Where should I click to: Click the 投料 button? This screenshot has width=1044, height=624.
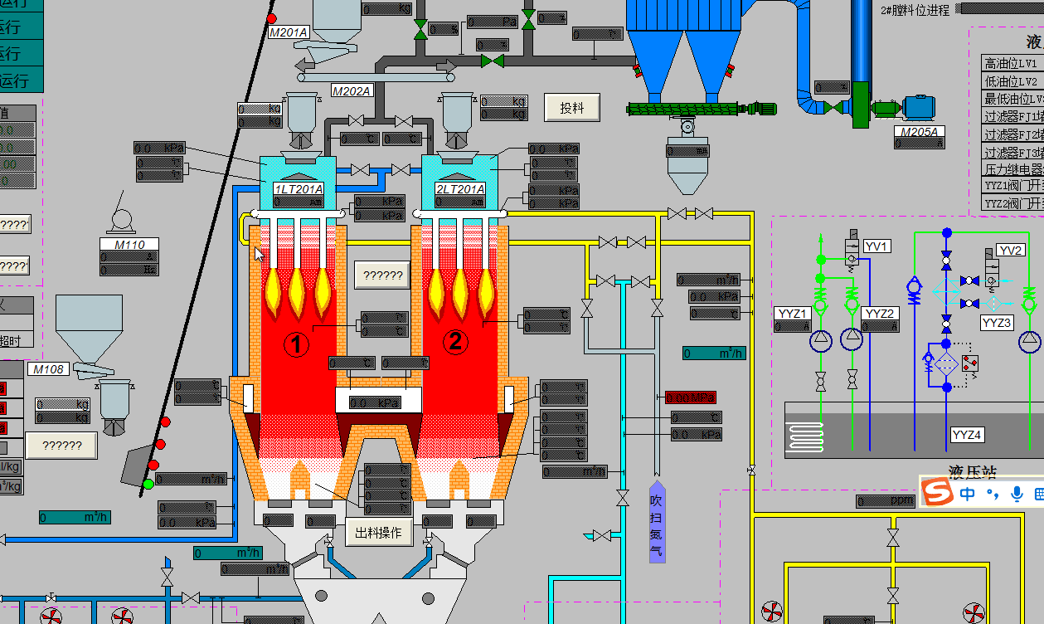coord(572,108)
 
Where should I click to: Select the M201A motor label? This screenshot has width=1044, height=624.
coord(289,32)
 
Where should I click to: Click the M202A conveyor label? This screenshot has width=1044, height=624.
coord(352,90)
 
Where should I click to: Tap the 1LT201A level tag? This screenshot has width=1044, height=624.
coord(299,189)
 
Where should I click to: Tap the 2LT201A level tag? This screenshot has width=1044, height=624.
coord(460,189)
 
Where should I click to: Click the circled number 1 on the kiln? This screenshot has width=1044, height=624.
coord(296,342)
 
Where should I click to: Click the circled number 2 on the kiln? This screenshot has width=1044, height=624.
coord(454,341)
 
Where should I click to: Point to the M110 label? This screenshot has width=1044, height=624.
coord(129,245)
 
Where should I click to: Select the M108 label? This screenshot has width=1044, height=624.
coord(49,369)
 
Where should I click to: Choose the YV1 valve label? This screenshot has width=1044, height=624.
coord(876,246)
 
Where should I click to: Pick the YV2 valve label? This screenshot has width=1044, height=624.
coord(1010,251)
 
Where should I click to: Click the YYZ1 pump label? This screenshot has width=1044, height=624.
coord(792,314)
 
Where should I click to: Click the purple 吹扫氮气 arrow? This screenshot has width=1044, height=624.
coord(656,521)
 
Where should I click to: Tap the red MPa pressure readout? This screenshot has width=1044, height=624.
coord(690,397)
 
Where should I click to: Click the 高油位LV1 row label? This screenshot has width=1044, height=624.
coord(1010,63)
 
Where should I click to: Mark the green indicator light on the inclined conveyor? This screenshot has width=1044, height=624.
coord(148,484)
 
